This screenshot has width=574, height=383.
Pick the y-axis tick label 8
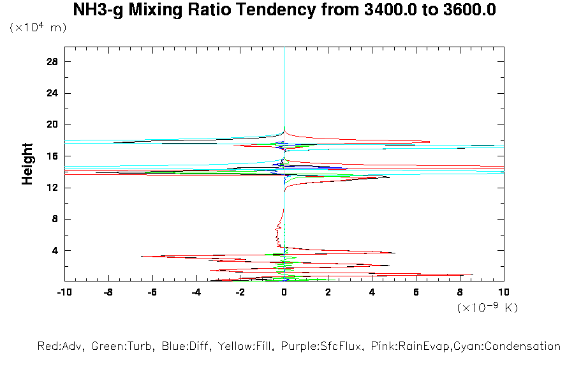pyautogui.click(x=55, y=219)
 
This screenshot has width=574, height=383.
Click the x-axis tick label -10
pyautogui.click(x=64, y=292)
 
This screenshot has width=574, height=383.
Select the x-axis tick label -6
pyautogui.click(x=152, y=292)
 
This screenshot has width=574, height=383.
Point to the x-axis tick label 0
pyautogui.click(x=284, y=292)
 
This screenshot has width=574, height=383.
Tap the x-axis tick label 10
pyautogui.click(x=504, y=292)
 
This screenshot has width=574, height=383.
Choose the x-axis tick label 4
pyautogui.click(x=372, y=292)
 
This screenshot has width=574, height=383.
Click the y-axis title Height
pyautogui.click(x=27, y=164)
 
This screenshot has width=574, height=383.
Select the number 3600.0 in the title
pyautogui.click(x=464, y=10)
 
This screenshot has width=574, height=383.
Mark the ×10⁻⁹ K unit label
pyautogui.click(x=488, y=307)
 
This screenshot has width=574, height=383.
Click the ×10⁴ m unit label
pyautogui.click(x=38, y=28)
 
